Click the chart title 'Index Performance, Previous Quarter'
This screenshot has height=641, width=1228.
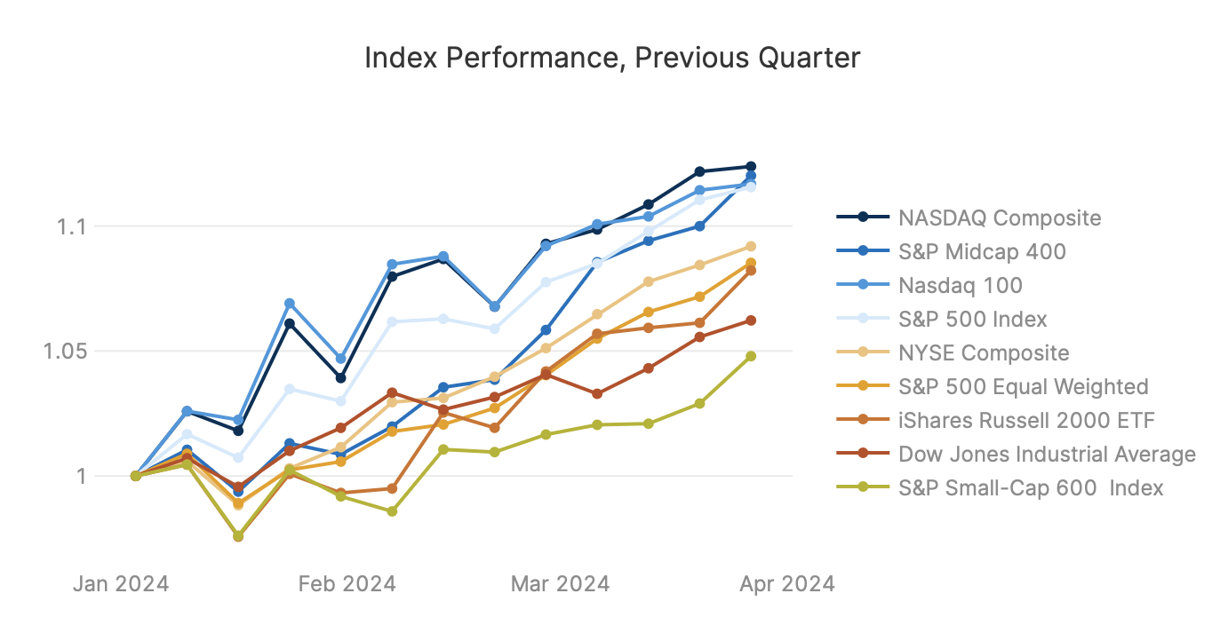click(612, 59)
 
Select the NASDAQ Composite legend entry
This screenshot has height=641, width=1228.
click(999, 218)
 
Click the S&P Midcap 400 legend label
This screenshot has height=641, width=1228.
click(982, 251)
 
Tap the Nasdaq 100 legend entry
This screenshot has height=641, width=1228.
click(960, 285)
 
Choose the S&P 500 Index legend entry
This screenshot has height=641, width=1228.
click(972, 319)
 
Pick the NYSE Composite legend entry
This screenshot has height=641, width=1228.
click(984, 352)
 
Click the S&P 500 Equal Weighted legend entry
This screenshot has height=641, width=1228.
click(1023, 386)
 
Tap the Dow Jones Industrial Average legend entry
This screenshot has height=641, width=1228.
click(1047, 455)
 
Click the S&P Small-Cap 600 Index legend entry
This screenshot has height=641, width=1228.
click(1031, 488)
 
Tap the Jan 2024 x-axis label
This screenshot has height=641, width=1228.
click(122, 584)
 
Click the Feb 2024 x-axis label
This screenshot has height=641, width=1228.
click(347, 584)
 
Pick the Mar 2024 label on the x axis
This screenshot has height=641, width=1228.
click(561, 584)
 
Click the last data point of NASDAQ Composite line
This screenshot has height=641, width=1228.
click(751, 167)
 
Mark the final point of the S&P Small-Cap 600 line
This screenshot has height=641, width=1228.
click(751, 356)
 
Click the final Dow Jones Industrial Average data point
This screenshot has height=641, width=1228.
click(751, 320)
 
